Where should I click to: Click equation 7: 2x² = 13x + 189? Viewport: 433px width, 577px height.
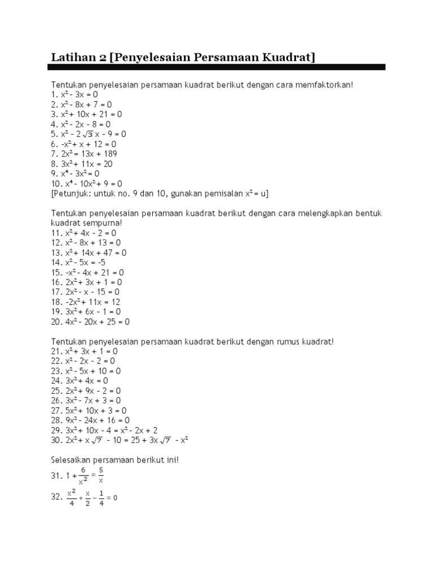click(x=85, y=154)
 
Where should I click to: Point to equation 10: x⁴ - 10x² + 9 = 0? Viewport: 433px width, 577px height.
click(x=88, y=184)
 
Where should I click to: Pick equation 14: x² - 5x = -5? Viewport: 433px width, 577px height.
click(x=79, y=262)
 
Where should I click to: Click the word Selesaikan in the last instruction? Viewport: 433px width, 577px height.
click(x=70, y=460)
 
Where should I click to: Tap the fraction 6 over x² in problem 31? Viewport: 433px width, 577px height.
click(x=83, y=476)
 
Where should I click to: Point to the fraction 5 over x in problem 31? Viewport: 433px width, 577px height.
click(x=100, y=476)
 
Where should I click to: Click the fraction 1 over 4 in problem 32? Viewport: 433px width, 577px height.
click(x=101, y=498)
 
